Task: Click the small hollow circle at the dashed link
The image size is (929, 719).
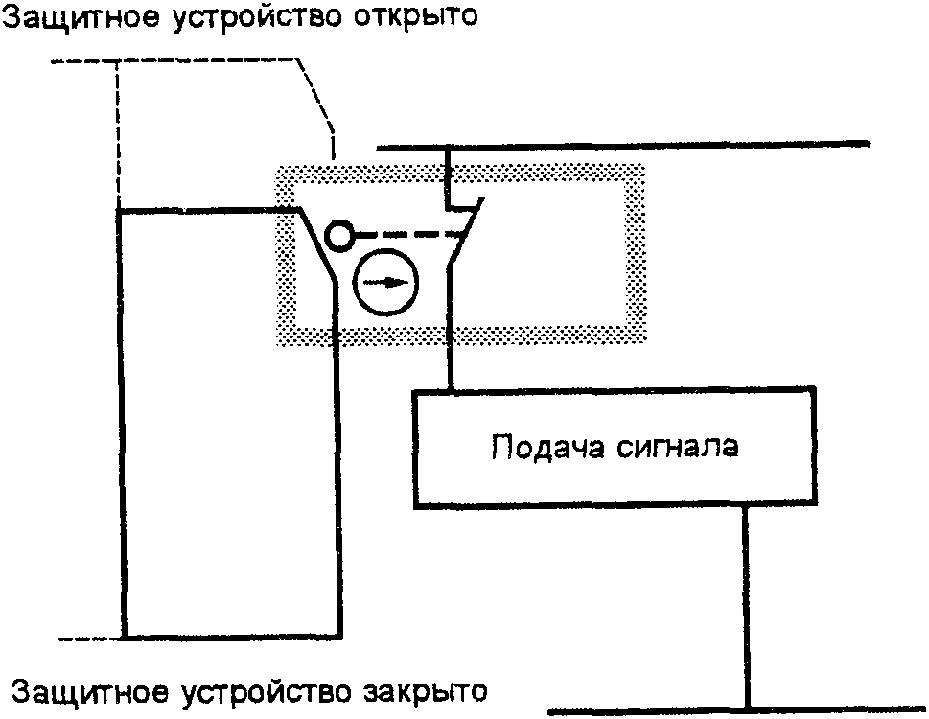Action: [338, 235]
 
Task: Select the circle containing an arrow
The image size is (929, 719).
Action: [387, 282]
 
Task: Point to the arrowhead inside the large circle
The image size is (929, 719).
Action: [399, 282]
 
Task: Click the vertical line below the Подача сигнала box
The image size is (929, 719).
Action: [746, 604]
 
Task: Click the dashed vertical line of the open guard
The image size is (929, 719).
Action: [119, 134]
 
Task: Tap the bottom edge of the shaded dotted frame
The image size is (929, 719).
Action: [460, 335]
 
